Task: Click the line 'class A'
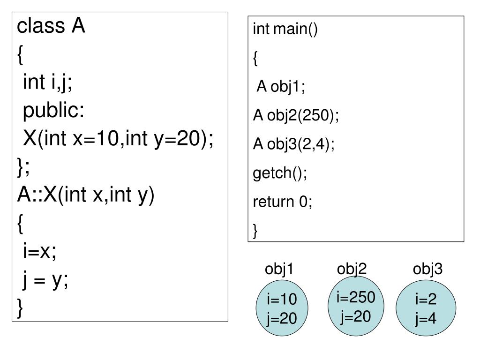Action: (x=51, y=27)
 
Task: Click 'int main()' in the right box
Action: (x=285, y=30)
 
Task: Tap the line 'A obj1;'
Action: (x=281, y=87)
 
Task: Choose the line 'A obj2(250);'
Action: (x=295, y=116)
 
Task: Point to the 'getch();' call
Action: (x=280, y=173)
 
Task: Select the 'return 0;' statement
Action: (x=282, y=202)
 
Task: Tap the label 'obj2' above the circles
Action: (x=352, y=269)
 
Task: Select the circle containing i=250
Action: (x=356, y=307)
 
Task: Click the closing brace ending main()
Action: (x=255, y=231)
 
